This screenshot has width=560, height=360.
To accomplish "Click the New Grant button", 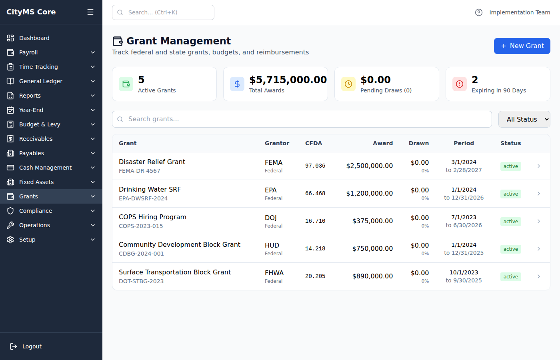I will tap(522, 46).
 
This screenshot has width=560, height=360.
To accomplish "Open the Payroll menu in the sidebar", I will tap(51, 52).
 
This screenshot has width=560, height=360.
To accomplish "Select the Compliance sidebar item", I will tap(51, 211).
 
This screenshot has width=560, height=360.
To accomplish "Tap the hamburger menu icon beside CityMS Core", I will tap(90, 12).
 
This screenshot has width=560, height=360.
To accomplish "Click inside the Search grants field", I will tap(302, 119).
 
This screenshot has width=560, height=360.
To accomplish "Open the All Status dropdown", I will tap(524, 119).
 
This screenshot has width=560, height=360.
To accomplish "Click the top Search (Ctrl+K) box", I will tap(163, 12).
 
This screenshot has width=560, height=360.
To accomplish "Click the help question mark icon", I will tap(479, 12).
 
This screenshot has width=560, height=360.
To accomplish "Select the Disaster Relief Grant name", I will tap(152, 162).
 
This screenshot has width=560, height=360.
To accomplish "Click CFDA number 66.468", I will tap(315, 194).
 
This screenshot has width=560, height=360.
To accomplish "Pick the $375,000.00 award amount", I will tap(372, 221).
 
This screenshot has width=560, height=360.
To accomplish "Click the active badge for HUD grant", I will tap(510, 249).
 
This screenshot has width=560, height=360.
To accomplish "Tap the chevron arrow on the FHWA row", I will tap(539, 276).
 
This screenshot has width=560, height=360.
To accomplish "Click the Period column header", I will tap(464, 143).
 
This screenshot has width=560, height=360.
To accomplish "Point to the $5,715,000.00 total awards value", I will tap(288, 80).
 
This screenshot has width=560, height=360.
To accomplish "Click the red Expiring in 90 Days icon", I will tap(460, 84).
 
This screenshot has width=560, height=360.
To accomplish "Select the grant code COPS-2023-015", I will tap(141, 226).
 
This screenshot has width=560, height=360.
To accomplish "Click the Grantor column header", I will tap(277, 143).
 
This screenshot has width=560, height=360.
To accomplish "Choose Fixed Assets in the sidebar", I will tap(51, 182).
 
